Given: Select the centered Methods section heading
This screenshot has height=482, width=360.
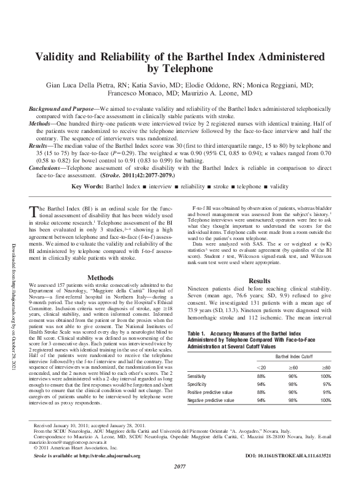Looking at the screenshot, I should [x=100, y=277].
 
